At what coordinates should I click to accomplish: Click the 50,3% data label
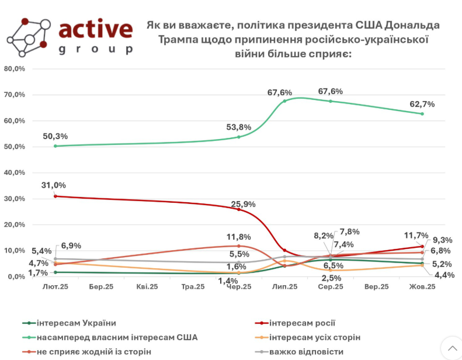point(55,136)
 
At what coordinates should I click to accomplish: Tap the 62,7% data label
point(422,104)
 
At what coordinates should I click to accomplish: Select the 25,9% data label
point(244,205)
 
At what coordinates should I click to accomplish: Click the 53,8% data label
point(239,127)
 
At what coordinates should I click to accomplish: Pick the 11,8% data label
point(239,237)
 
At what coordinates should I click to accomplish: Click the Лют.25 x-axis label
point(55,287)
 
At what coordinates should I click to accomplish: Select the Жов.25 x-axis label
point(422,287)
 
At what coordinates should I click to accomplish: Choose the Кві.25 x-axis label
point(147,287)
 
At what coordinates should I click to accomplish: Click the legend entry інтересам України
point(76,323)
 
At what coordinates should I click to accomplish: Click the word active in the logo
point(96,30)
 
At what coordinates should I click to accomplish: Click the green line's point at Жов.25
point(422,113)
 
